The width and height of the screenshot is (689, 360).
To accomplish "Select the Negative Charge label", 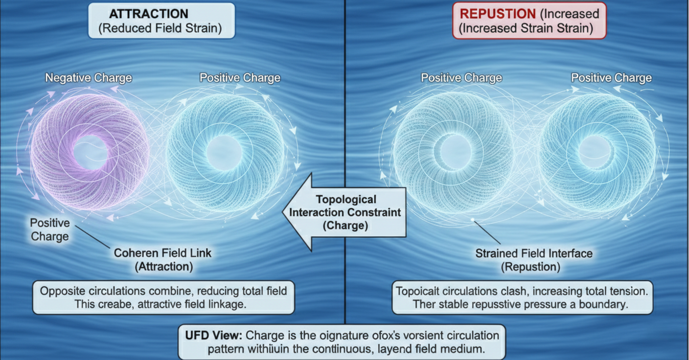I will pyautogui.click(x=89, y=78).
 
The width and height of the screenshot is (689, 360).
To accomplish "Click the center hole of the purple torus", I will pyautogui.click(x=90, y=153).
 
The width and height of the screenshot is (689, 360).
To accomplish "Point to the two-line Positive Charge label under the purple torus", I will pyautogui.click(x=50, y=230).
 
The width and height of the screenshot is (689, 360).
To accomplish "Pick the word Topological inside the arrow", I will pyautogui.click(x=346, y=200).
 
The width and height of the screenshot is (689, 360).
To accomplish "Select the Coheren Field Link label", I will pyautogui.click(x=162, y=253).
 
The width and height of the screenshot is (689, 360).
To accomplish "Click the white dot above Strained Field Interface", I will pyautogui.click(x=473, y=220).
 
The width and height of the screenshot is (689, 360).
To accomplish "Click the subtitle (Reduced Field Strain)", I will pyautogui.click(x=161, y=28).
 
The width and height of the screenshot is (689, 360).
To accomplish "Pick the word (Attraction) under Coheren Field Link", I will pyautogui.click(x=163, y=267).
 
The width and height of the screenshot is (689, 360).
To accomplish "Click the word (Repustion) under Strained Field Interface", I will pyautogui.click(x=530, y=268).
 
